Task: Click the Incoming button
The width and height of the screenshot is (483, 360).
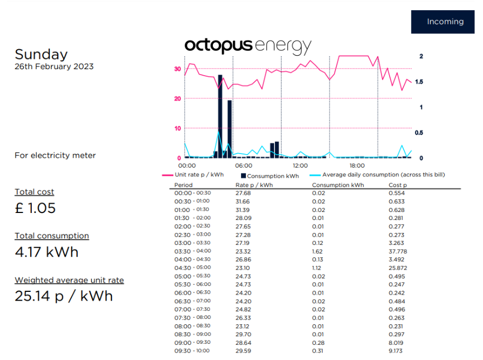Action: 445,22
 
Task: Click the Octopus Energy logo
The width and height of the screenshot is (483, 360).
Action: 248,46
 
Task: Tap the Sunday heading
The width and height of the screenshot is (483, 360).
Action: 41,54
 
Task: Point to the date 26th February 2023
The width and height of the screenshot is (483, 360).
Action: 54,66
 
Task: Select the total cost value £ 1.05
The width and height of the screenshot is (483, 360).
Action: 35,208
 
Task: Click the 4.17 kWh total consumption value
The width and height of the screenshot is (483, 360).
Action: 46,252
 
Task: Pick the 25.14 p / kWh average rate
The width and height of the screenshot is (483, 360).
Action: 64,296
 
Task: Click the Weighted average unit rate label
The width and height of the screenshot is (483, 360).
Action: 69,280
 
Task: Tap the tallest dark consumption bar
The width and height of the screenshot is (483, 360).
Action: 220,116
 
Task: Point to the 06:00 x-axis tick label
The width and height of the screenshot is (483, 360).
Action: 243,165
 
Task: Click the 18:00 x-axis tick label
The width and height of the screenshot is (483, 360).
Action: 357,165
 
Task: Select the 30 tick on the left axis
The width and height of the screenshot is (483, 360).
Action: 177,69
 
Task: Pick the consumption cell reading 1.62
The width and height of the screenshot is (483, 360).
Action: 318,251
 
